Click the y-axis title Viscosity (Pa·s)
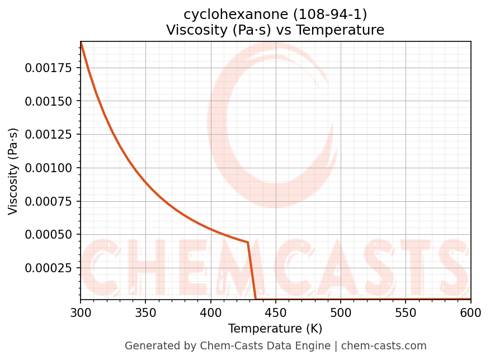pos(13,171)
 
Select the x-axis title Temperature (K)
pos(275,329)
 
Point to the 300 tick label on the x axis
pos(81,314)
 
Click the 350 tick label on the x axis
pos(145,314)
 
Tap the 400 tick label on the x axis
pos(210,314)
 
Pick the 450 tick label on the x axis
pos(275,314)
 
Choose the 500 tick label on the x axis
pos(341,314)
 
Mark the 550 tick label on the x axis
pos(406,314)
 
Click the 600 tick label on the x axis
pos(470,314)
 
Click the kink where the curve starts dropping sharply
pos(247,242)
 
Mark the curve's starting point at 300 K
pos(81,42)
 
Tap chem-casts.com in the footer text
pos(384,346)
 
